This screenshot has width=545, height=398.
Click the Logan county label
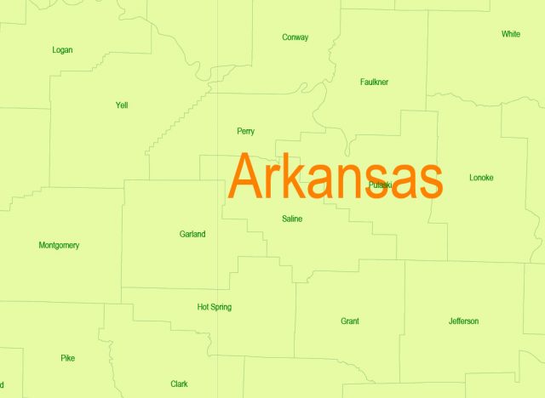pyautogui.click(x=62, y=50)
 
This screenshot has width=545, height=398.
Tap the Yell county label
pyautogui.click(x=121, y=105)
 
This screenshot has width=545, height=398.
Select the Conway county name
pyautogui.click(x=295, y=37)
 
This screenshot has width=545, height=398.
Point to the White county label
pyautogui.click(x=511, y=34)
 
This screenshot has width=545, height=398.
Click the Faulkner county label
pyautogui.click(x=374, y=82)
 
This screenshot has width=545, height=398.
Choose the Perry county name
pyautogui.click(x=245, y=131)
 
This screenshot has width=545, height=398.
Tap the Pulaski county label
pyautogui.click(x=381, y=185)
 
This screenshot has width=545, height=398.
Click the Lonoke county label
pyautogui.click(x=481, y=178)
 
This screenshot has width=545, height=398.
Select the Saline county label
pyautogui.click(x=292, y=219)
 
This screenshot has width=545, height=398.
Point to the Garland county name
pyautogui.click(x=192, y=234)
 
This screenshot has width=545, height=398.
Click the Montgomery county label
pyautogui.click(x=59, y=246)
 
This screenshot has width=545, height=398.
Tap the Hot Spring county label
pyautogui.click(x=214, y=307)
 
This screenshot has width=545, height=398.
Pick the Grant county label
pyautogui.click(x=349, y=321)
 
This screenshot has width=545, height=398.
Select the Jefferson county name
pyautogui.click(x=463, y=321)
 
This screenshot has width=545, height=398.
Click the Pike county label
pyautogui.click(x=68, y=358)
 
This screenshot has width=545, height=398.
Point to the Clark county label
pyautogui.click(x=179, y=384)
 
